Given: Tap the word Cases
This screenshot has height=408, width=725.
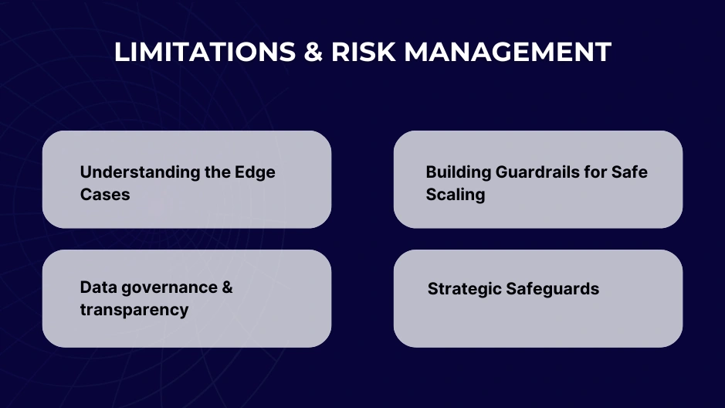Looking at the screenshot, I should tap(105, 194).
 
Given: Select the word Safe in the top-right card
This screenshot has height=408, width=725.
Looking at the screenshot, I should tap(629, 172).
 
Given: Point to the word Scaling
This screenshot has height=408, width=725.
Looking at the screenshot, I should tap(456, 194).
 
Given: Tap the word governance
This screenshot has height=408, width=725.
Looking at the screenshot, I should tap(171, 287).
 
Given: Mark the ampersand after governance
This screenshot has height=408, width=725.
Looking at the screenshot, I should tap(227, 287).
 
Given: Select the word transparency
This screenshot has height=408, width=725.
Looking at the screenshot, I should tap(134, 310).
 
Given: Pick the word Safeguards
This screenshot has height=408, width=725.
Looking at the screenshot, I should tap(553, 289).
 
